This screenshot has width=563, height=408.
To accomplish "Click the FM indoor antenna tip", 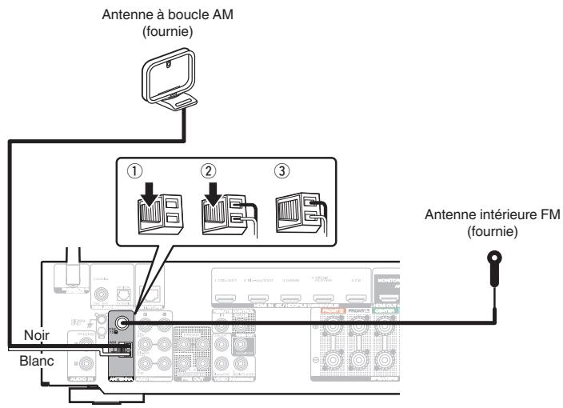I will (x=497, y=258).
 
